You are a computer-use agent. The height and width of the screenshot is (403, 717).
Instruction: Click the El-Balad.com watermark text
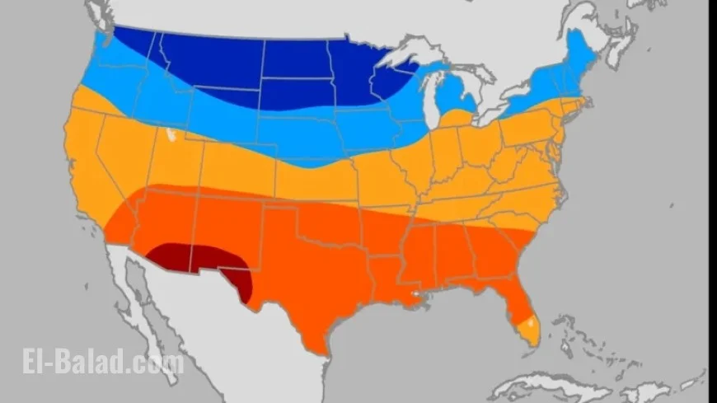pos(103,363)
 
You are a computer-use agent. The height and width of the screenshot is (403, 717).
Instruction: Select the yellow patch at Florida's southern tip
pos(532,331)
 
